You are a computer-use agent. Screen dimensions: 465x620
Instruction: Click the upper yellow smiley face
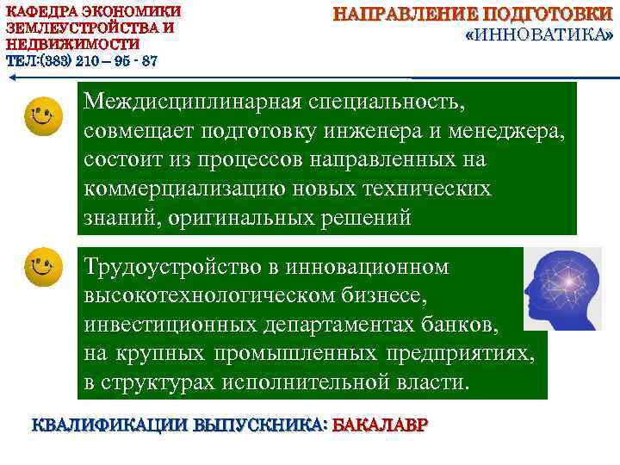[44, 116]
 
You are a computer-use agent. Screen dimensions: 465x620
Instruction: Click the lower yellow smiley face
[44, 266]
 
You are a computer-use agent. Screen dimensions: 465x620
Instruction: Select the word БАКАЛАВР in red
[379, 426]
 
